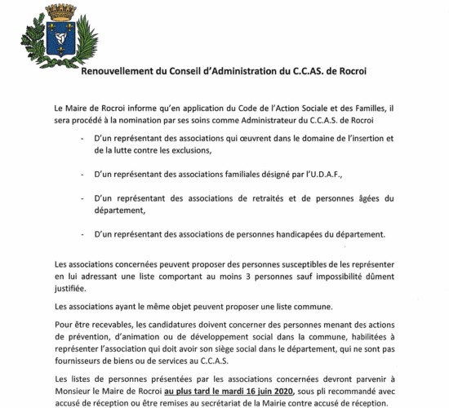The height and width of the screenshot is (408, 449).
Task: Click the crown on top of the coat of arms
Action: [60, 12]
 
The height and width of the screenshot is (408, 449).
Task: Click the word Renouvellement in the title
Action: [123, 71]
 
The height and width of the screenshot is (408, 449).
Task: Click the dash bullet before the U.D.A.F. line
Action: [83, 175]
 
